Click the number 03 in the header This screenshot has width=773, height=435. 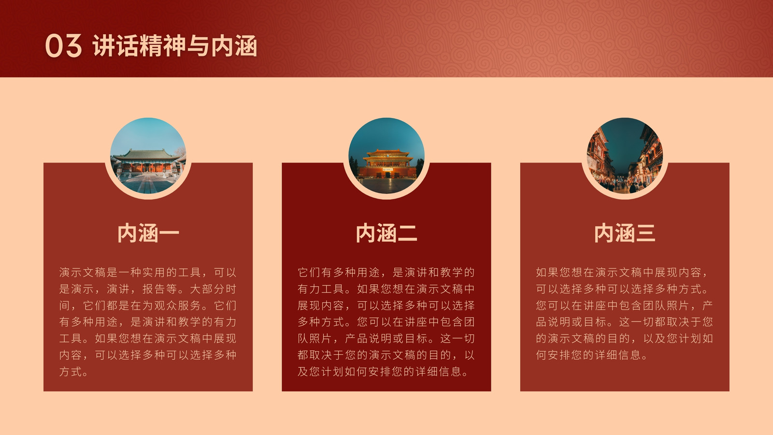[x=63, y=45]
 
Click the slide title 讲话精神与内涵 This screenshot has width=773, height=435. [x=174, y=45]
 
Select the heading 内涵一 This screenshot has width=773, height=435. [x=148, y=233]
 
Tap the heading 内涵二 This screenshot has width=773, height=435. [x=386, y=233]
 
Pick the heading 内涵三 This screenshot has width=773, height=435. [x=625, y=233]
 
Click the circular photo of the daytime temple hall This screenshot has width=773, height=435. [x=148, y=156]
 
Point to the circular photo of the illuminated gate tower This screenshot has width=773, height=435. [x=386, y=156]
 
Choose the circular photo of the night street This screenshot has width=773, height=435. [x=625, y=156]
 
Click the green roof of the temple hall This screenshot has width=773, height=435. [x=148, y=154]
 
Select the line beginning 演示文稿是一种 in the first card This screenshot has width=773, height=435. [x=148, y=273]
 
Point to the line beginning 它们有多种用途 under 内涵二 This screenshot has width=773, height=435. [x=386, y=273]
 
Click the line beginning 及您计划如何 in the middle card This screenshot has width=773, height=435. [x=384, y=372]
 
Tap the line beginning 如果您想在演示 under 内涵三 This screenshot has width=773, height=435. [x=622, y=273]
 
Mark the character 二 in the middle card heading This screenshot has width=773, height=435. [x=407, y=233]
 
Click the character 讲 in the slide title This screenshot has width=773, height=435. [x=103, y=45]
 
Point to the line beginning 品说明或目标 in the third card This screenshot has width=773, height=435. [x=624, y=322]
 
